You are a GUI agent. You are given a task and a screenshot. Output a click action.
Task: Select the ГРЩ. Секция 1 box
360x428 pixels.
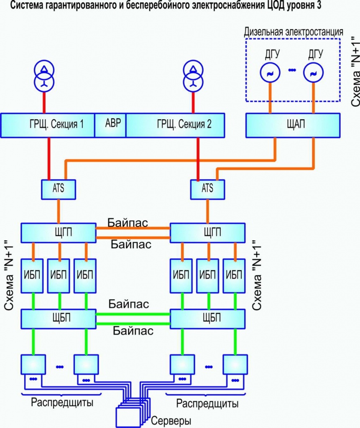click(48, 125)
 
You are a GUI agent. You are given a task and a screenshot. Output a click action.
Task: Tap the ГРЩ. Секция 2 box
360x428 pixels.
click(175, 125)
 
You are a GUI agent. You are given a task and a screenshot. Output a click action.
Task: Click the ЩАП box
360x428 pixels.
click(293, 125)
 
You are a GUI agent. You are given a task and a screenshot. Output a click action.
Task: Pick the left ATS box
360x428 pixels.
click(59, 189)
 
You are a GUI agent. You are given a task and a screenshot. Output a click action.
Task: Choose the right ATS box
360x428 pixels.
click(207, 189)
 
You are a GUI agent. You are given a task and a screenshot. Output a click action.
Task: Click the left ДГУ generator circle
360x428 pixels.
click(270, 73)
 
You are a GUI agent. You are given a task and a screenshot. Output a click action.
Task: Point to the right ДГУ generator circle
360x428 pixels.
click(313, 73)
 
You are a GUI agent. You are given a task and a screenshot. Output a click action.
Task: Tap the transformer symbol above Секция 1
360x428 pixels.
click(44, 76)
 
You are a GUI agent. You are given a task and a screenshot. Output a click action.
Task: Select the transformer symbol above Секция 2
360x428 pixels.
click(193, 76)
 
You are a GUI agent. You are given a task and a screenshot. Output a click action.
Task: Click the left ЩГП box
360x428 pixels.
click(59, 233)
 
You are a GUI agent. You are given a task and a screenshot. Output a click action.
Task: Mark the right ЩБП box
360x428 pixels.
click(207, 318)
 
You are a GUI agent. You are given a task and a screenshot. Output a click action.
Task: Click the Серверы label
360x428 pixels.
click(171, 420)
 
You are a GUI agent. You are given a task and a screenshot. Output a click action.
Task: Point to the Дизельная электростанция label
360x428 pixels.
click(294, 32)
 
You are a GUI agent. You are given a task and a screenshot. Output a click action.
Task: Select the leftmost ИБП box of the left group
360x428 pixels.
click(32, 276)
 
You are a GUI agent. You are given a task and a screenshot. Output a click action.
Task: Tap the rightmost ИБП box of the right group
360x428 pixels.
click(234, 276)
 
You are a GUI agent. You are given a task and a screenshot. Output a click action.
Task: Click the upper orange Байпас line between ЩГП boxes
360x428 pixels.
click(133, 228)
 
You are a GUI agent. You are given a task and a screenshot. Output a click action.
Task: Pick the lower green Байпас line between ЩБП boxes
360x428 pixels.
click(133, 324)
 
